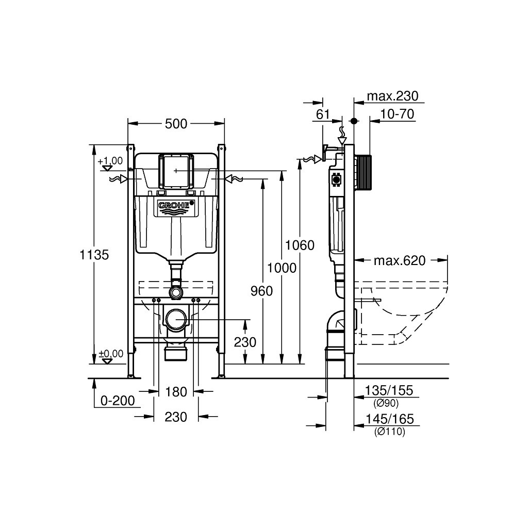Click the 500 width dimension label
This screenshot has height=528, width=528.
click(176, 124)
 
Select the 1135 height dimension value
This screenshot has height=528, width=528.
click(94, 254)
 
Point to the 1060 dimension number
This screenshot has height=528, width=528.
click(300, 245)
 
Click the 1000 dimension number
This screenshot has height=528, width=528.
click(282, 268)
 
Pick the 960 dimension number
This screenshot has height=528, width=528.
click(261, 291)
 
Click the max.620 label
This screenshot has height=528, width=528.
click(400, 261)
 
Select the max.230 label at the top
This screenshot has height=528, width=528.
click(392, 96)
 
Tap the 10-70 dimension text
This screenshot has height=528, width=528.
click(398, 114)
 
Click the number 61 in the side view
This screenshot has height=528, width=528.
click(323, 114)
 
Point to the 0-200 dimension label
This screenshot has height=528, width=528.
click(118, 401)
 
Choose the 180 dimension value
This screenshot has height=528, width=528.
click(176, 392)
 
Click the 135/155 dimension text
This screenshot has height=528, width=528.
click(389, 391)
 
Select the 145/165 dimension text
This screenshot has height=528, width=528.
click(389, 420)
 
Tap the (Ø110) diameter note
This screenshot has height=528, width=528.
click(389, 432)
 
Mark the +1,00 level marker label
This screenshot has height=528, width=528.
click(110, 160)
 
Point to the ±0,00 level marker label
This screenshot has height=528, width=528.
click(111, 354)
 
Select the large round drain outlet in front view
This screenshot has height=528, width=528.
click(176, 320)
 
